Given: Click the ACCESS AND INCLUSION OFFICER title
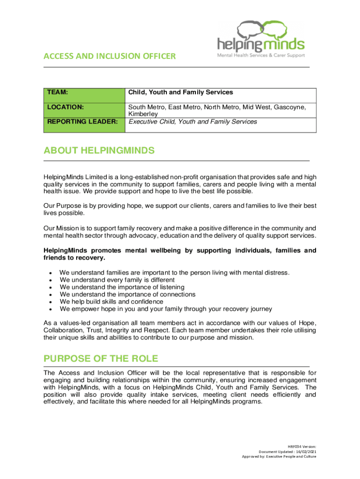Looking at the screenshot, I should coord(109,57).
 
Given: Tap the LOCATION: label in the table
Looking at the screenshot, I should coord(65,107).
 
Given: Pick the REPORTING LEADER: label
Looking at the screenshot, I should coord(82,122).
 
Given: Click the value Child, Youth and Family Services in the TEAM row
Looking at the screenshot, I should coord(180,93).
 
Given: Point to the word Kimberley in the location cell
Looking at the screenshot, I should coord(143,114).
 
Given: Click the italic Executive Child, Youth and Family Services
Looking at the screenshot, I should coord(193,122).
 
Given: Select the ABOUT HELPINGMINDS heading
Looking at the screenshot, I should coord(99,151).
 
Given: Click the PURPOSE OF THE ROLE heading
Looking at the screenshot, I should coord(101,359).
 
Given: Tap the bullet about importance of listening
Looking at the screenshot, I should coord(122,287).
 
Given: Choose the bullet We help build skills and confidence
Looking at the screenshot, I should coord(117,302).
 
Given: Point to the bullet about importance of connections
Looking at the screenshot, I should coord(128,294).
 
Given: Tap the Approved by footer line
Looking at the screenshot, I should coord(279,457).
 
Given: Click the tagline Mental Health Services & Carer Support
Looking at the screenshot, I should coord(260,55).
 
